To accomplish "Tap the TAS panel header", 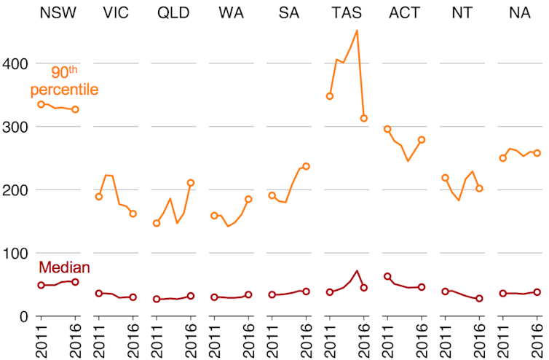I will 347,12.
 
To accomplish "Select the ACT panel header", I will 404,12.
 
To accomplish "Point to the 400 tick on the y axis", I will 15,64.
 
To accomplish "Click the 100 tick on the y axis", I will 15,254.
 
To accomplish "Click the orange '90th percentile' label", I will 64,81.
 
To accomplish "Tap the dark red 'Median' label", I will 64,267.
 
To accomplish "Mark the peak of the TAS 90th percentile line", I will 357,31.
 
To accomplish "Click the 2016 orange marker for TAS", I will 364,118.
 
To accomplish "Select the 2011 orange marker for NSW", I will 42,104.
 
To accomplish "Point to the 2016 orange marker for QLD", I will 191,183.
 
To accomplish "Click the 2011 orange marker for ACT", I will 387,129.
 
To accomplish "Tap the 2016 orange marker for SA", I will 306,166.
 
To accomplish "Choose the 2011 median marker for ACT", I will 387,276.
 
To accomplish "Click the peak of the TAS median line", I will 357,271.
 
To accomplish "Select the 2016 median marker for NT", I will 479,299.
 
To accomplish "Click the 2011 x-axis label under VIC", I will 99,340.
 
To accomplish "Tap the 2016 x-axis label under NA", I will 537,340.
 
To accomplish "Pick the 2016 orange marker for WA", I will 248,199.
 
